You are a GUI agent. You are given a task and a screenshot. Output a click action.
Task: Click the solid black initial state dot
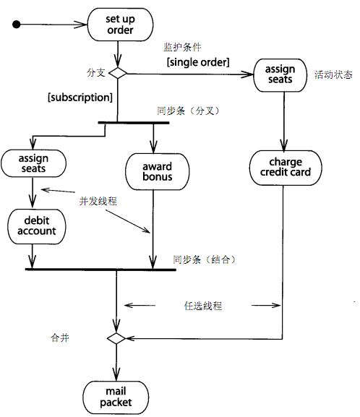coord(17,25)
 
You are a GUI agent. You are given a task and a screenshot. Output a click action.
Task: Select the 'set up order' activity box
coord(120,25)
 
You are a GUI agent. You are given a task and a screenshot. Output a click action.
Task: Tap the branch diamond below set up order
coord(118,73)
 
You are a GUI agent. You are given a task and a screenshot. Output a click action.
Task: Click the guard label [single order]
coord(198,62)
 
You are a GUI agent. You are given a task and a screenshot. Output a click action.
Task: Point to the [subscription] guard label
coord(80,98)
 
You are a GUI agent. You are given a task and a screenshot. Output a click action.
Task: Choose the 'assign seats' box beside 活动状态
coord(280,75)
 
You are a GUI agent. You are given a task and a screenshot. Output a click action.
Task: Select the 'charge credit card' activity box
coord(286,168)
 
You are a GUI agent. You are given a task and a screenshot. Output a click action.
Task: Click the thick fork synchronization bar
coord(134,123)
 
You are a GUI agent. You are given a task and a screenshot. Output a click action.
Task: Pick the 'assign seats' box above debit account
coord(33,163)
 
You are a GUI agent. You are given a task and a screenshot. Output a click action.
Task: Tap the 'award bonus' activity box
coord(158,171)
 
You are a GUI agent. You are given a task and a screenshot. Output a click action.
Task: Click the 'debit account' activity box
coord(37,227)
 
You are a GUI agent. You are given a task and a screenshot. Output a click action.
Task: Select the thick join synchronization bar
coord(100,270)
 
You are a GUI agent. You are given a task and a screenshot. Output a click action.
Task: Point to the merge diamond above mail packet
coord(116,338)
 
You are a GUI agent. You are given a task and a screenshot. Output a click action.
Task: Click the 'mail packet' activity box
coord(116,397)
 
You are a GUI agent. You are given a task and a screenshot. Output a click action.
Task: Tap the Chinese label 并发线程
coord(98,201)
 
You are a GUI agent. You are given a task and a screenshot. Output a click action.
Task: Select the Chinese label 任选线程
coord(203,306)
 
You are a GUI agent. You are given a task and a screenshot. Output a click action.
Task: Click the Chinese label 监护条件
coord(182,48)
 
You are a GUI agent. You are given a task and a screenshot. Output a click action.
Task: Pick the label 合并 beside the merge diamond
coord(60,338)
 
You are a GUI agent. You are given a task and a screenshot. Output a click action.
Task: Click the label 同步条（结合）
coord(205,259)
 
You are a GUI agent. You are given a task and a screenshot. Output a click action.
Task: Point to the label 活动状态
coord(334,74)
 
